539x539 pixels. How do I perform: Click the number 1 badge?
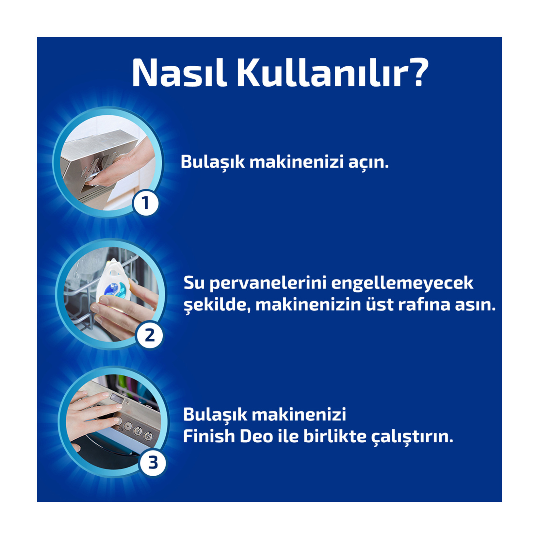[146, 203]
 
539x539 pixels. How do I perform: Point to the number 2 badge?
[149, 335]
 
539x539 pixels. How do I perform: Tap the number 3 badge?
[153, 463]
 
